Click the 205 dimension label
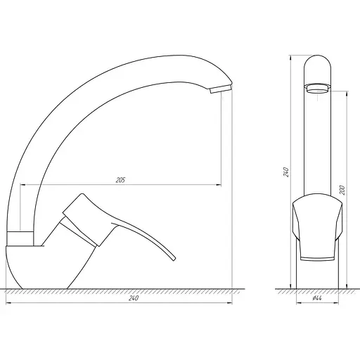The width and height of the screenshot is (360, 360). tap(121, 180)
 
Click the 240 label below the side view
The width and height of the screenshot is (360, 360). tap(134, 298)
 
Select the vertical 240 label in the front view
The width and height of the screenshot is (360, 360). tap(286, 172)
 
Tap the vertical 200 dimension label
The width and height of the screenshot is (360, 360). tap(342, 190)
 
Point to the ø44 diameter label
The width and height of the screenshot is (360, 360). tap(316, 298)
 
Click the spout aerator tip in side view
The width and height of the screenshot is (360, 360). tap(220, 89)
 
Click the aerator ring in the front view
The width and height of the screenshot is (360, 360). tap(317, 89)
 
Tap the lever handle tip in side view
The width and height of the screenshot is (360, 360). tap(173, 258)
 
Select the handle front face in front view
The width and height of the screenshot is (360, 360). tap(317, 228)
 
